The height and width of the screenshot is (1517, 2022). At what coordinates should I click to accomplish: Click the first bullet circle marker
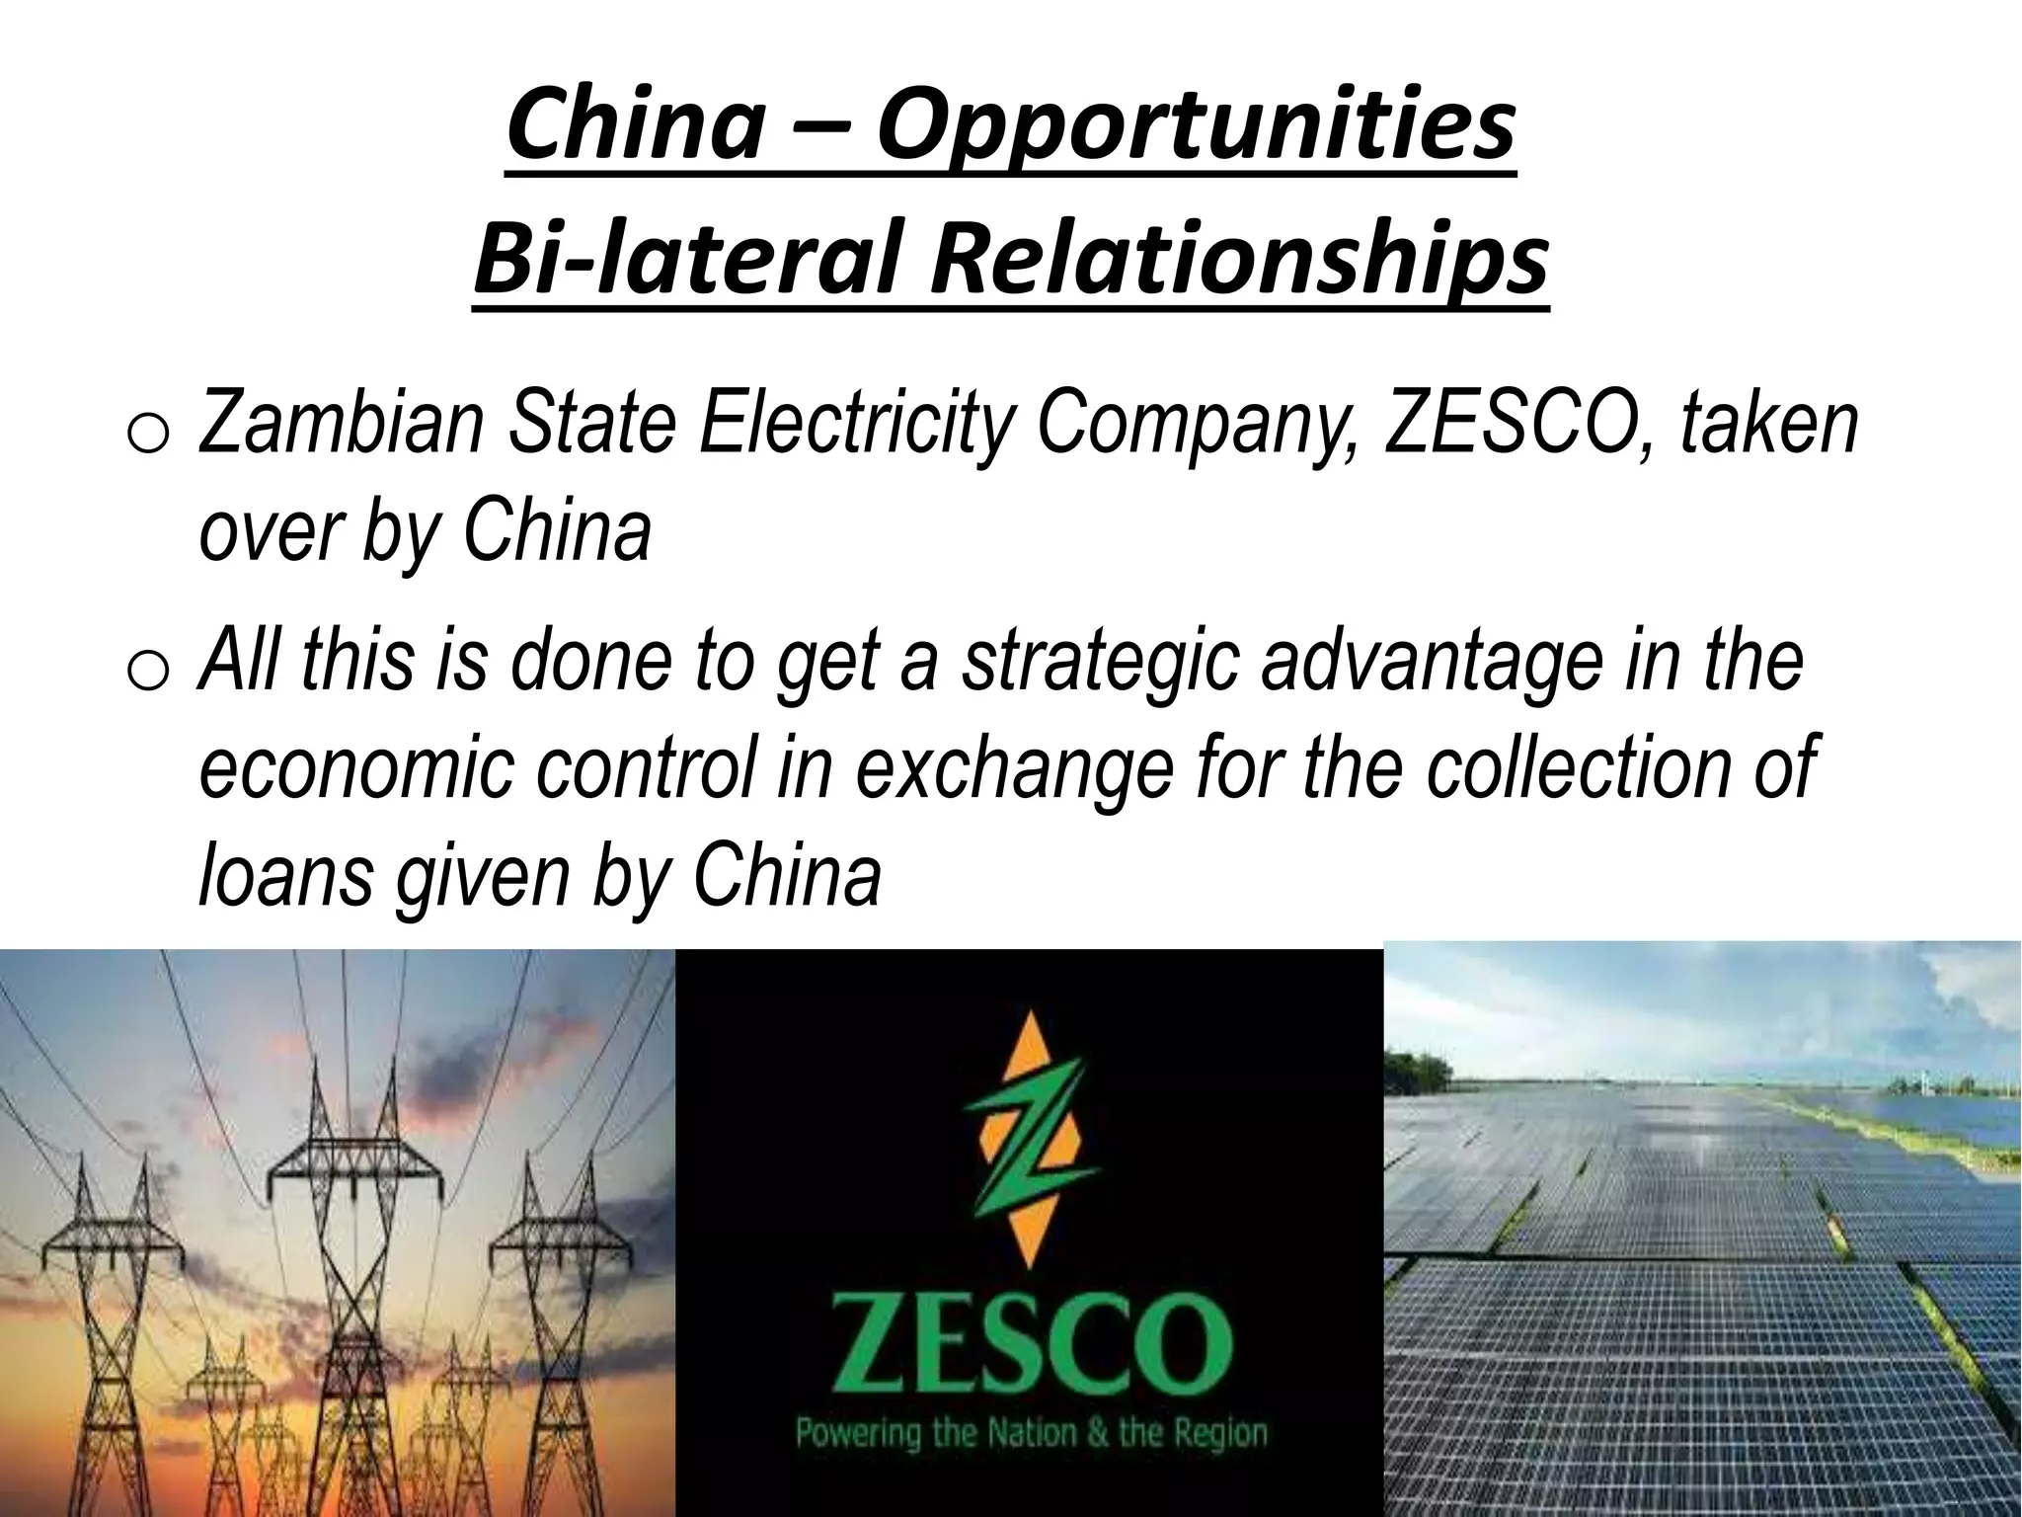click(151, 434)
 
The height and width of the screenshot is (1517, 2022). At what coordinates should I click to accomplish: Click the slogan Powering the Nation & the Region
click(1031, 1433)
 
